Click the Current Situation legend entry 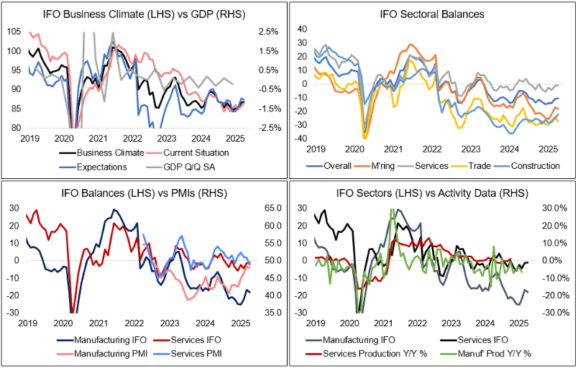pos(191,152)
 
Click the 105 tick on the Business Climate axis pos(13,32)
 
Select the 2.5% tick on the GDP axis pos(267,32)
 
